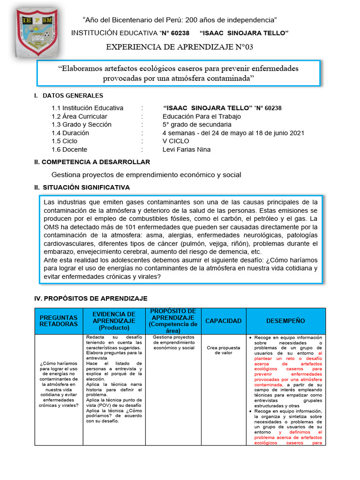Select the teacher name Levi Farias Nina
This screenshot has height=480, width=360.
tap(187, 150)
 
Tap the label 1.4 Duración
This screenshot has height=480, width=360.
tap(70, 133)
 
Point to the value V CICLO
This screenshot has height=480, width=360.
tap(176, 141)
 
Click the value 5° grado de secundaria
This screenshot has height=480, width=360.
tap(197, 124)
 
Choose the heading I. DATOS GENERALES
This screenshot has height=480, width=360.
tap(68, 96)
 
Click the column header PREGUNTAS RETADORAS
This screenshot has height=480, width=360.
tap(59, 321)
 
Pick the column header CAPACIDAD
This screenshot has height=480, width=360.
tap(223, 321)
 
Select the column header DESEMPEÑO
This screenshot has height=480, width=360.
tap(285, 321)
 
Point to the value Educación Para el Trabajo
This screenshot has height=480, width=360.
tap(202, 116)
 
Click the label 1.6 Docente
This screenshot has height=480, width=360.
tap(69, 150)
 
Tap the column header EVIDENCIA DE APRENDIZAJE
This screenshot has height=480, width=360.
tap(114, 321)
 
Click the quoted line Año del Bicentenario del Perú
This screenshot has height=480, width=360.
tap(180, 20)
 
